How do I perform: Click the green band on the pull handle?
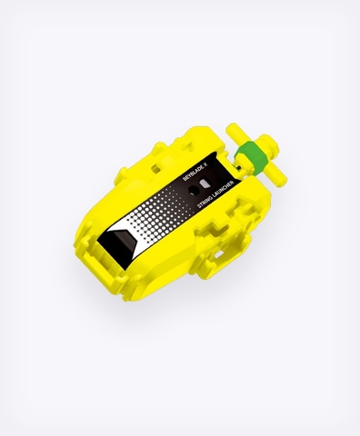click(252, 157)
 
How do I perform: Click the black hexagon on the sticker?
click(193, 191)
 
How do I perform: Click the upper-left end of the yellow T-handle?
click(232, 128)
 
